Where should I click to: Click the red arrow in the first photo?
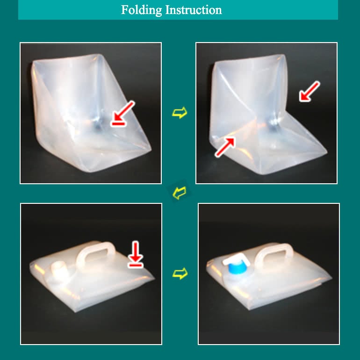click(x=124, y=111)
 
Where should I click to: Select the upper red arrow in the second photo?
click(x=310, y=91)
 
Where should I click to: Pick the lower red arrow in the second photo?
click(x=225, y=147)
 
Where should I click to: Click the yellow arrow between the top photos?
click(x=179, y=113)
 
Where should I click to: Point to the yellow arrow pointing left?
click(x=179, y=191)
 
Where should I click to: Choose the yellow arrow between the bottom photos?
click(x=180, y=274)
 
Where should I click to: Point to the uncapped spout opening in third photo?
click(x=58, y=268)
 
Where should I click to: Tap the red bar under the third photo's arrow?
click(x=136, y=265)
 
